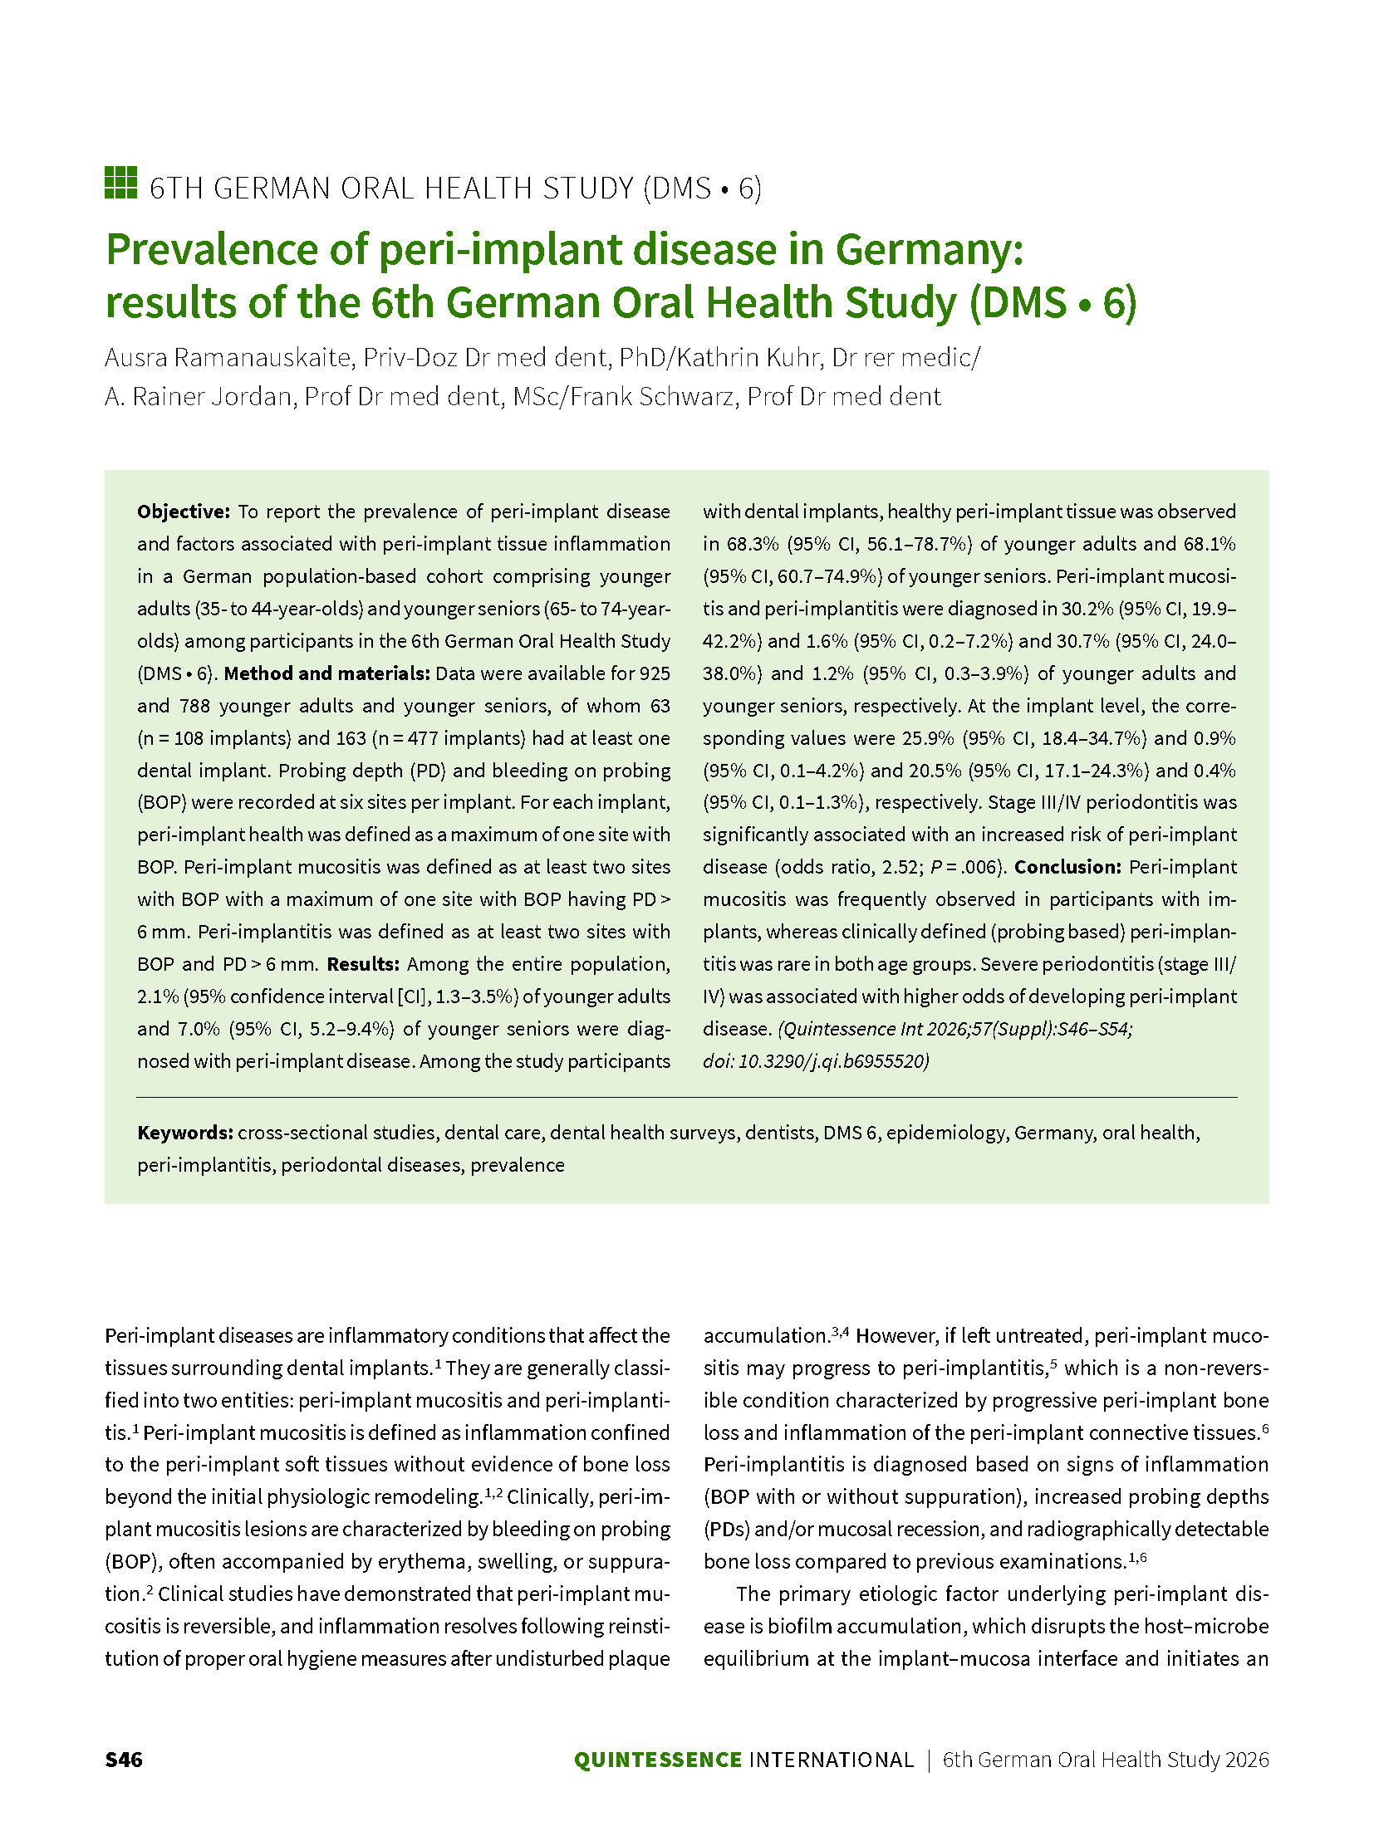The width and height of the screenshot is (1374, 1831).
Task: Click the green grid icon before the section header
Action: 120,183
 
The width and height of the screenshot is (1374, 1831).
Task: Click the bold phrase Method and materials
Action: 326,673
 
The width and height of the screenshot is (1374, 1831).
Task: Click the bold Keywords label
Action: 185,1133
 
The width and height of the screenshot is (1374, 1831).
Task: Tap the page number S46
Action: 124,1760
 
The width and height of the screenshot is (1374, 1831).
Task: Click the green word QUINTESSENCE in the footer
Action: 657,1760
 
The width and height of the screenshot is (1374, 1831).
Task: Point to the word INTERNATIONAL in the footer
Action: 831,1760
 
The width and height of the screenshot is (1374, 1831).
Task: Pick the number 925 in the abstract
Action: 655,673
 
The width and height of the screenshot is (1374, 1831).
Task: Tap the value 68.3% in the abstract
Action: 753,544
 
